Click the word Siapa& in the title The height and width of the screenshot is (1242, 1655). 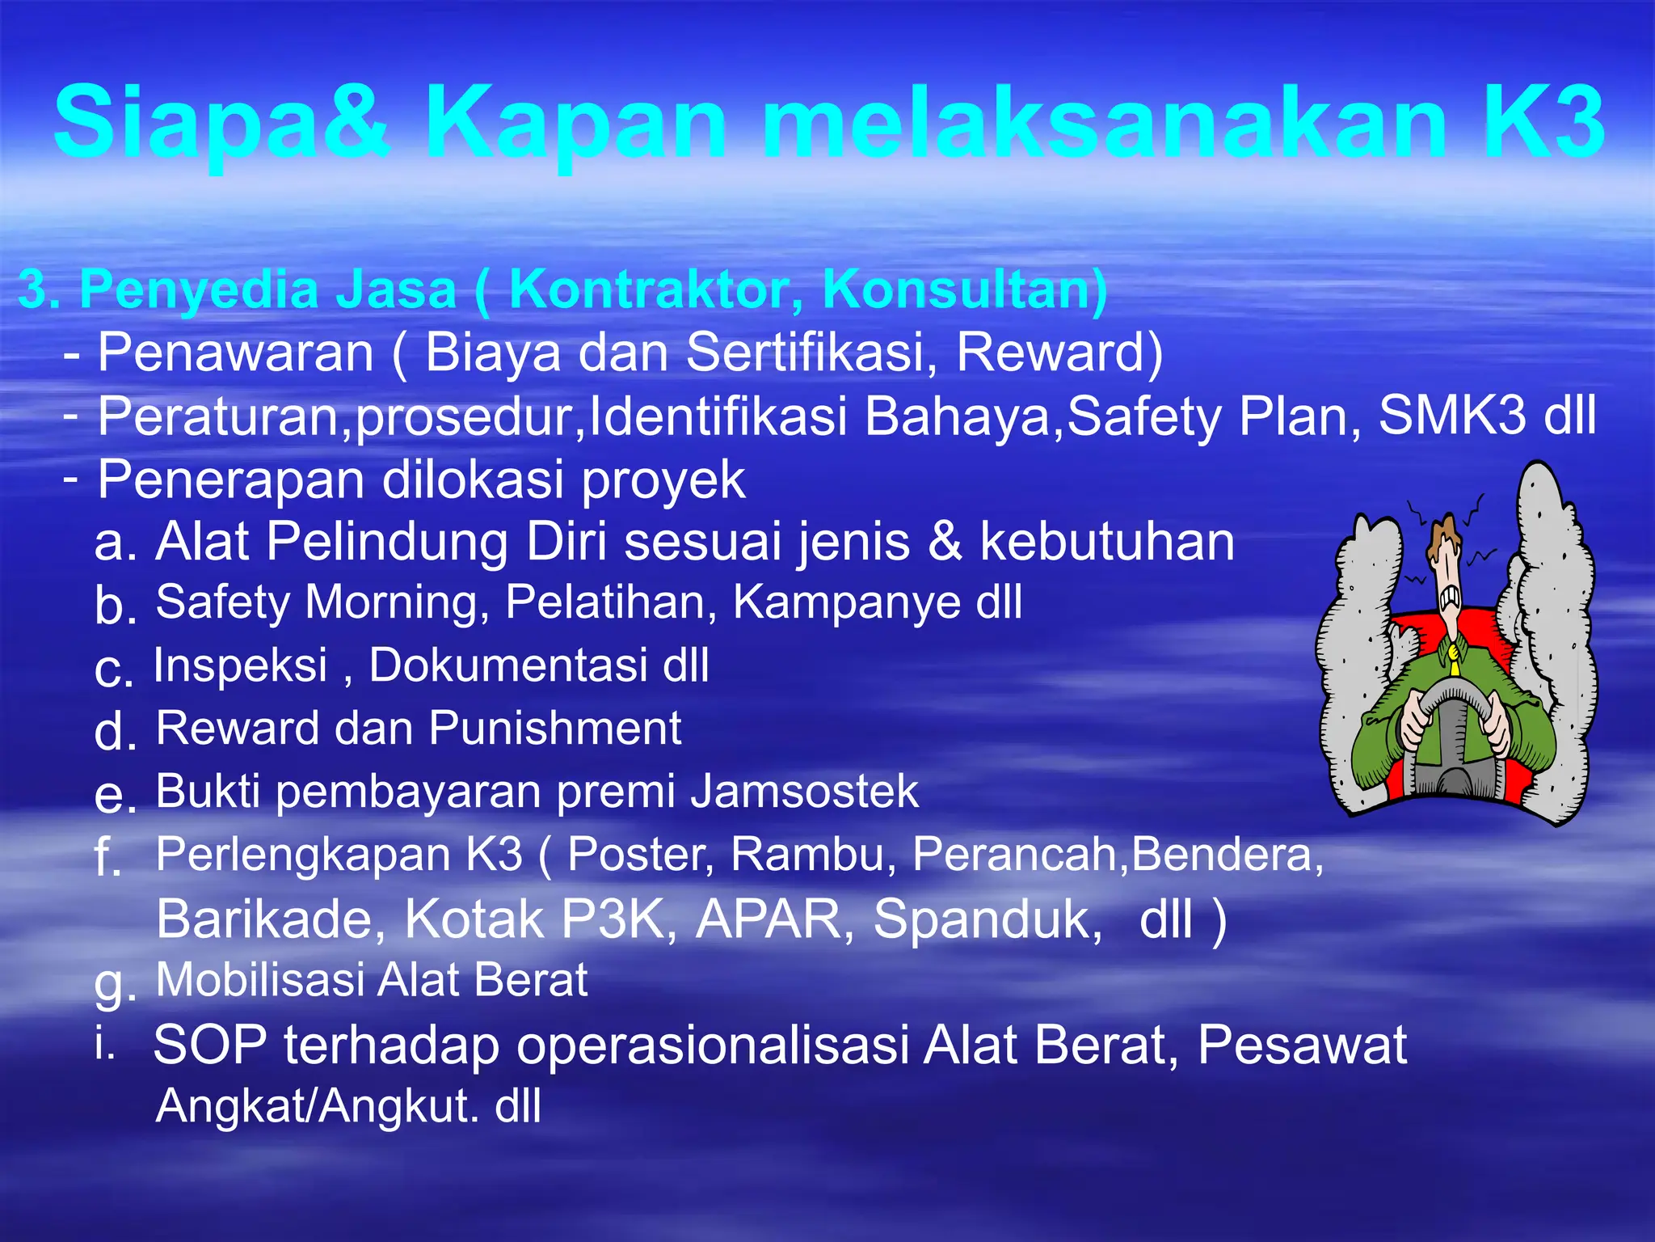pos(222,123)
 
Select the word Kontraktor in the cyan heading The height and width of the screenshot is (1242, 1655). pos(655,289)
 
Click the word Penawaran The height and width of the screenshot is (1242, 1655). pos(235,353)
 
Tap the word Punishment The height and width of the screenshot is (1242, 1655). pos(555,728)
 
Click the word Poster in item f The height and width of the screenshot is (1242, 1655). pos(640,854)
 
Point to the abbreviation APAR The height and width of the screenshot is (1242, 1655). pos(767,919)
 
